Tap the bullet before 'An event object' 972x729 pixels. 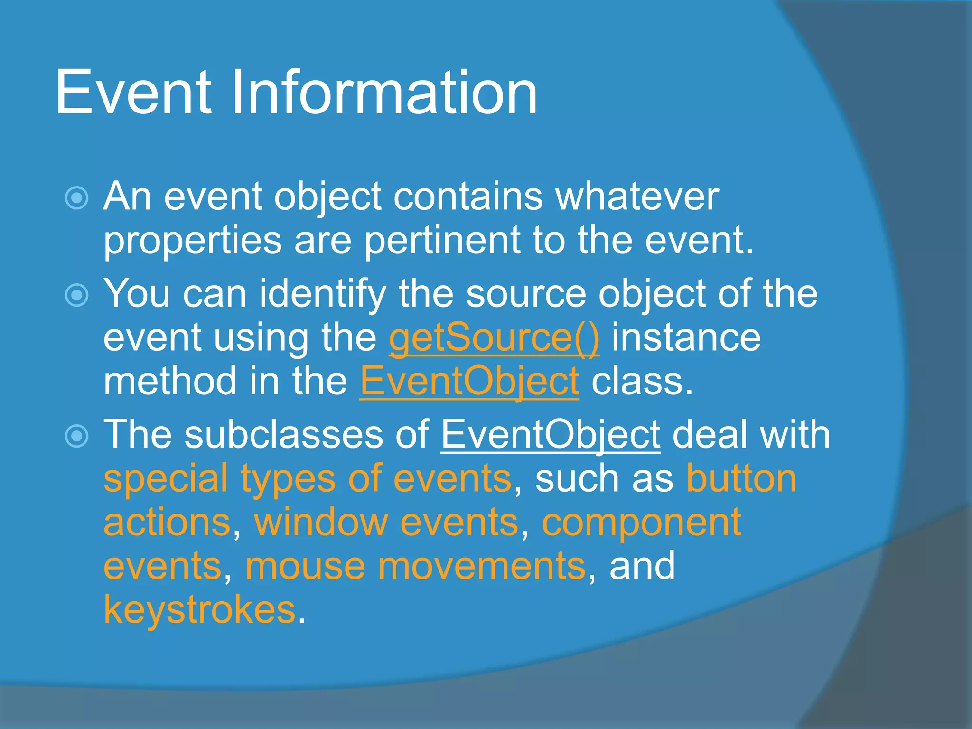[x=76, y=198]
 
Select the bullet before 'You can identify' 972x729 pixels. [x=76, y=295]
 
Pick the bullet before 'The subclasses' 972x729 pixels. [x=76, y=436]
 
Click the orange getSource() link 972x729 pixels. [x=494, y=338]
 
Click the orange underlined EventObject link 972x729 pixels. [x=469, y=382]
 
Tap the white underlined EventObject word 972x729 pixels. [x=551, y=435]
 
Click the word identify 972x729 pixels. [x=322, y=294]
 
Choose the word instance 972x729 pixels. [x=686, y=338]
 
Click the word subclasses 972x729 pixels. [x=284, y=435]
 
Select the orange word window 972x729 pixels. [x=321, y=523]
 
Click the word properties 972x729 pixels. [x=192, y=241]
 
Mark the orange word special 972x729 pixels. [x=166, y=479]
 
